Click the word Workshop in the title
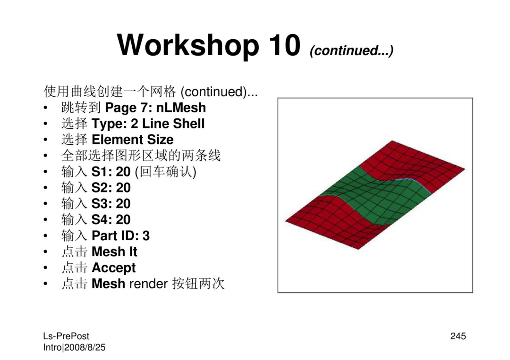coord(188,45)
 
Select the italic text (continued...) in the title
coord(352,50)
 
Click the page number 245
coord(458,336)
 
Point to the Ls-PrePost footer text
coord(66,336)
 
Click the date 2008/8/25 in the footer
coord(85,347)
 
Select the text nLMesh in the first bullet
coord(181,108)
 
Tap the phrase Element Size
coord(133,139)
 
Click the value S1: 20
coord(111,172)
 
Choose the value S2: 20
coord(111,187)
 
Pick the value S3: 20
coord(111,203)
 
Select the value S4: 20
coord(111,219)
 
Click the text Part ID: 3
coord(121,235)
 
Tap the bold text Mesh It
coord(114,251)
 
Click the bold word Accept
coord(113,268)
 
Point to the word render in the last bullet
coord(148,284)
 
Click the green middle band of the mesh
coord(374,195)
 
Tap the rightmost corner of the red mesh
coord(465,168)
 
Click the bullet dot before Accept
coord(45,268)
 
